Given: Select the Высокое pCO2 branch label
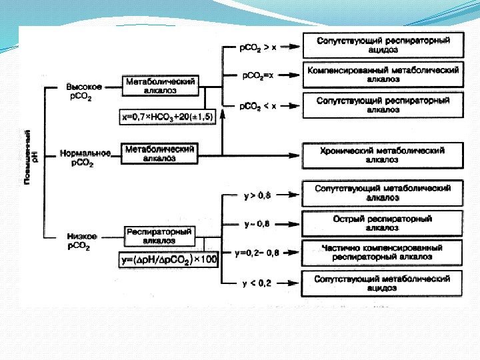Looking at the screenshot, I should pyautogui.click(x=84, y=91).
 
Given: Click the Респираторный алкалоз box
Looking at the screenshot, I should pyautogui.click(x=159, y=236).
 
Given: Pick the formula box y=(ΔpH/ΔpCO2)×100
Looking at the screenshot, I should pyautogui.click(x=169, y=259).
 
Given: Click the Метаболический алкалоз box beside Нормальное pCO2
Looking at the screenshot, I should pyautogui.click(x=160, y=154).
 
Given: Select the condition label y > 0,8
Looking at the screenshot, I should pyautogui.click(x=257, y=195).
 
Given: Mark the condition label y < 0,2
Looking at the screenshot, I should pyautogui.click(x=257, y=283).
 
